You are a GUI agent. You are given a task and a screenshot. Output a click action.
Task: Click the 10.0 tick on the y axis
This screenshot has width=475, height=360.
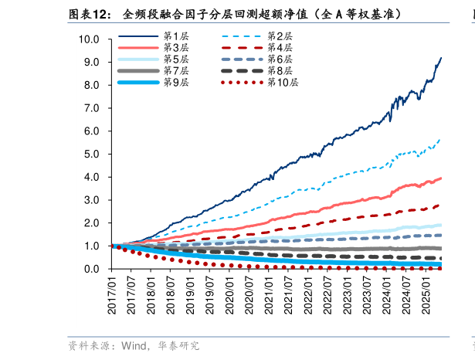pyautogui.click(x=89, y=39)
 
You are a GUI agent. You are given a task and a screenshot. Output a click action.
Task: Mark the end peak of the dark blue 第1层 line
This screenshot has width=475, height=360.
pyautogui.click(x=441, y=57)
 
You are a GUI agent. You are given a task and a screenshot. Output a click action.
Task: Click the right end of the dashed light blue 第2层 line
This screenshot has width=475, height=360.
pyautogui.click(x=441, y=138)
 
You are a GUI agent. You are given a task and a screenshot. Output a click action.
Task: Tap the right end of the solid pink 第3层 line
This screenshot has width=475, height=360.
pyautogui.click(x=441, y=178)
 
